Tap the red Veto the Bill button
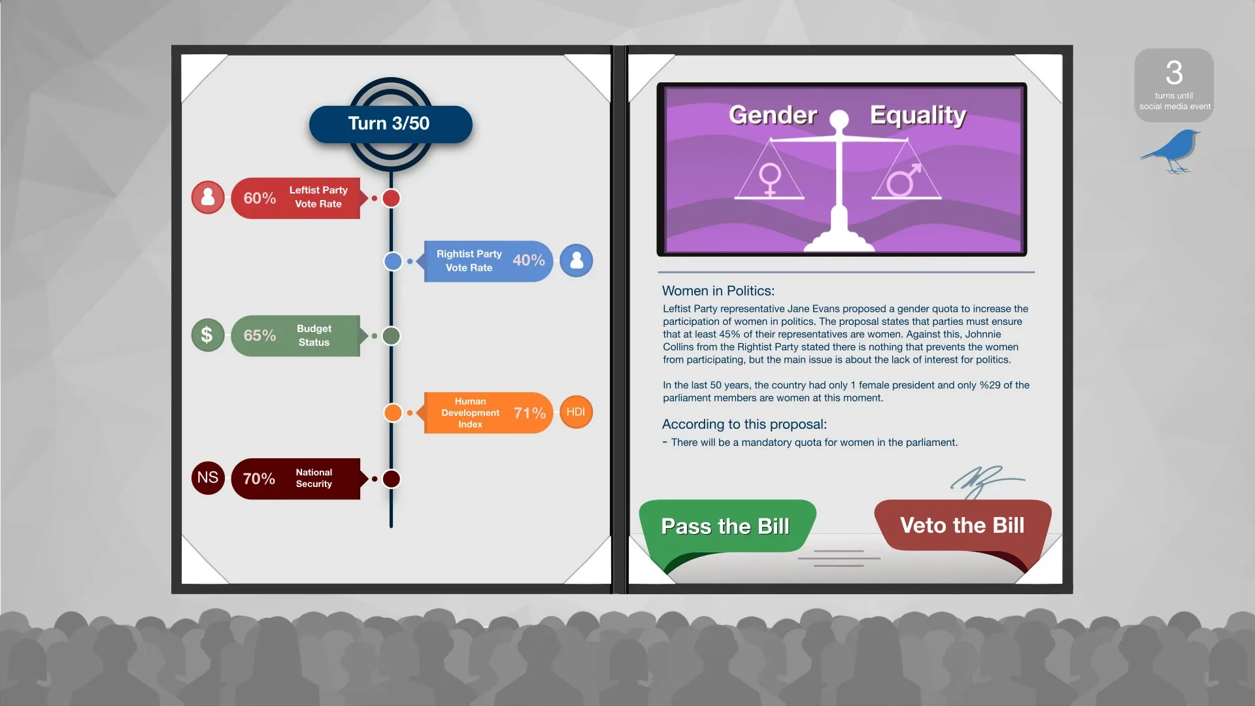[x=962, y=526]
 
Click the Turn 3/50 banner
[x=390, y=124]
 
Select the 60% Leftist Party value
[x=259, y=198]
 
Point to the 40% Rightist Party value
[x=528, y=260]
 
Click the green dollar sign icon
[x=207, y=335]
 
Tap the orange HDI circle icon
[x=576, y=412]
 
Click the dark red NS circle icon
[x=208, y=478]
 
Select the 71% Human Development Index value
[x=529, y=413]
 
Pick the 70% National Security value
[x=259, y=479]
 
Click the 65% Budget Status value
[x=259, y=335]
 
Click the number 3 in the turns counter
[x=1174, y=73]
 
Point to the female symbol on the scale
[x=770, y=179]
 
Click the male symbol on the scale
[x=904, y=180]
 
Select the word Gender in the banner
[x=773, y=115]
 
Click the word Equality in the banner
[x=918, y=116]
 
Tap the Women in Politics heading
[x=718, y=291]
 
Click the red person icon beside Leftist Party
[x=208, y=197]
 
